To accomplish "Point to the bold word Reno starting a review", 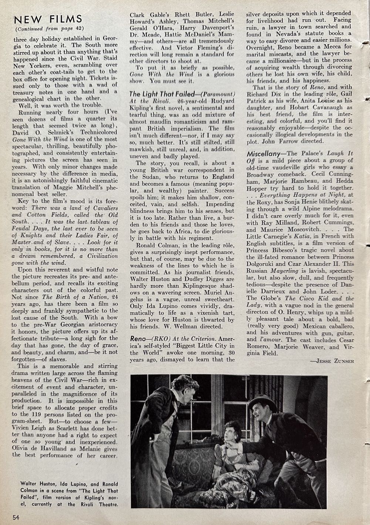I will click(x=139, y=339).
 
